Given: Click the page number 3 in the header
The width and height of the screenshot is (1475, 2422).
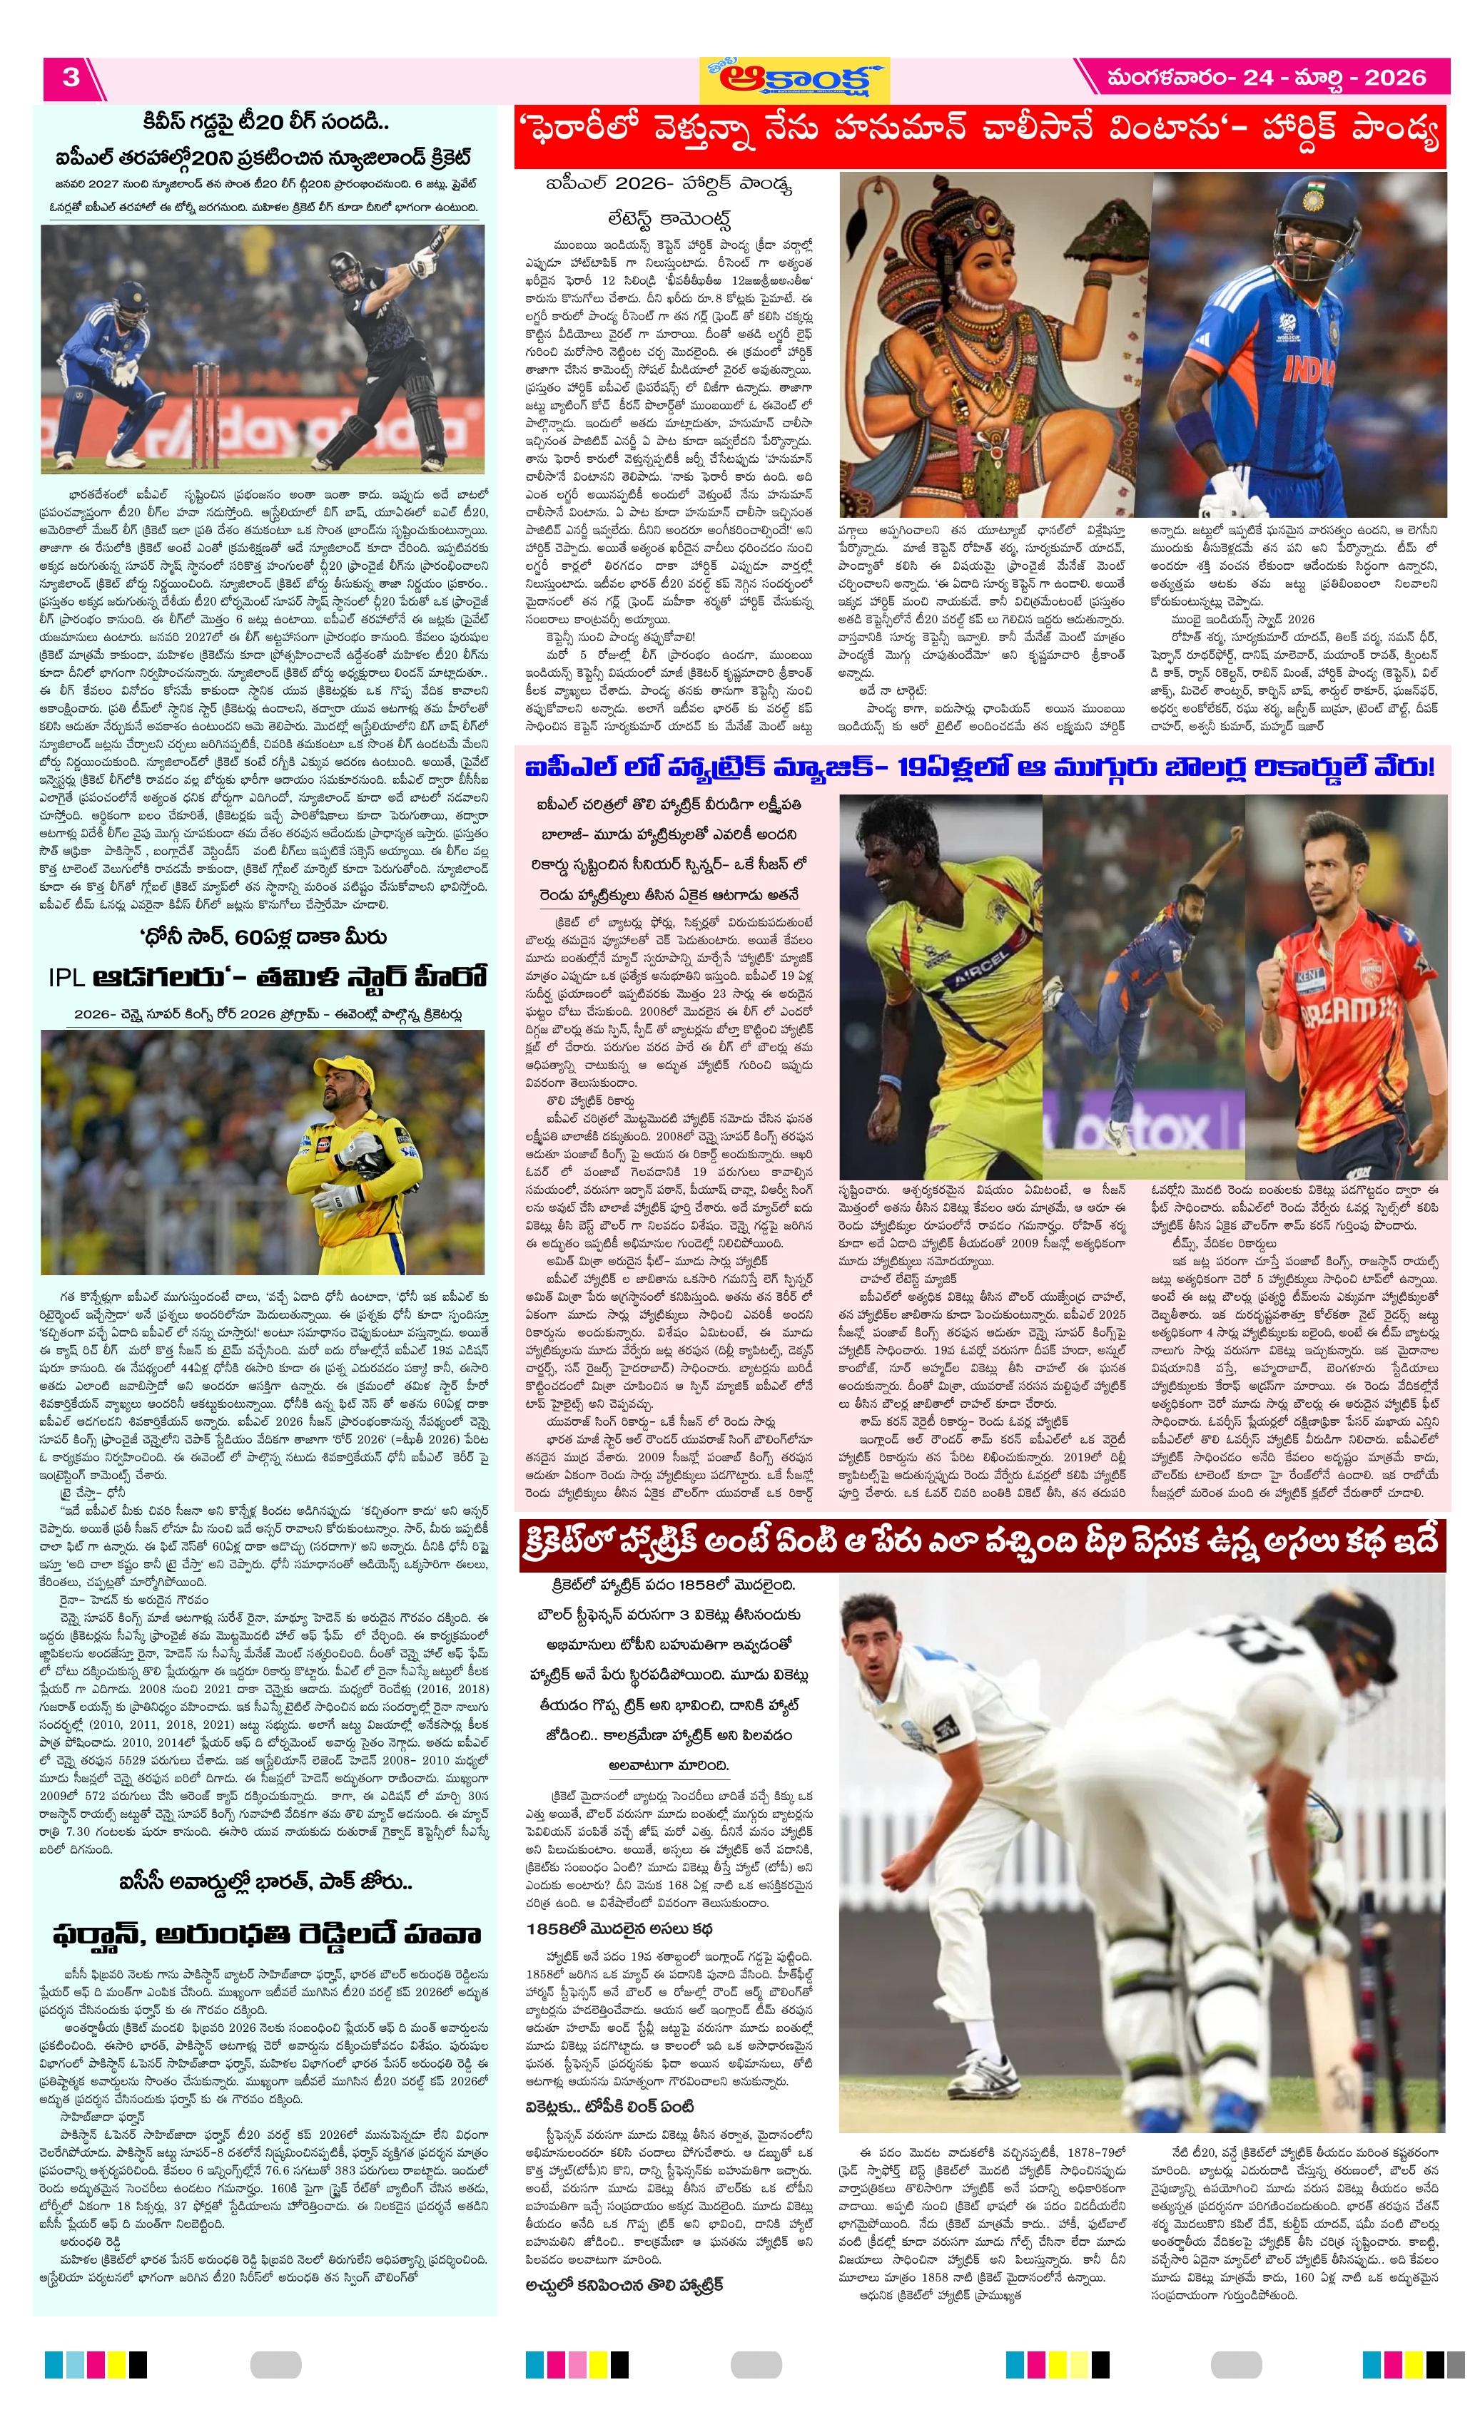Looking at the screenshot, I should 70,78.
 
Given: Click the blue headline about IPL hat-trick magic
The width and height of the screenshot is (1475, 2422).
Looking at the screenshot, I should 979,767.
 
